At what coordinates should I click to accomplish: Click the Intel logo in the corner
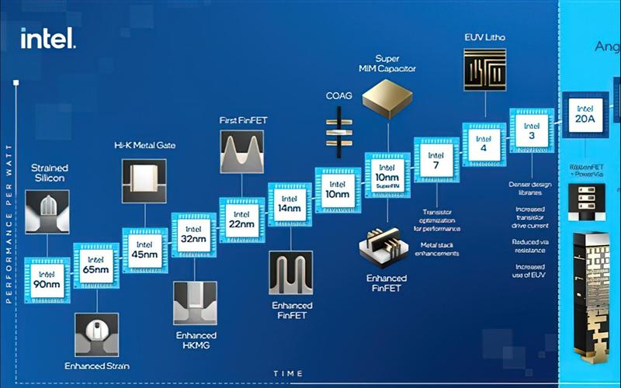pos(47,38)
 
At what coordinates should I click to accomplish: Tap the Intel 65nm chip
pos(96,265)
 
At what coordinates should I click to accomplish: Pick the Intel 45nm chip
pos(144,250)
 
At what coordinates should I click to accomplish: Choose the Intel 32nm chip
pos(193,235)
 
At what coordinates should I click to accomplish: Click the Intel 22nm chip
pos(241,220)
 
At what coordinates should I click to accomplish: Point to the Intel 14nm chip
pos(290,204)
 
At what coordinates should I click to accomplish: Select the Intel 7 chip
pos(436,159)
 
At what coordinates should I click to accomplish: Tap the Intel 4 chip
pos(484,144)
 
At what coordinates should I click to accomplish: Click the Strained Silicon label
pos(49,173)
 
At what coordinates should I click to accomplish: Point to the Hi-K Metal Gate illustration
pos(144,182)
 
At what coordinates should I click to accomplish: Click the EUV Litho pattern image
pos(485,74)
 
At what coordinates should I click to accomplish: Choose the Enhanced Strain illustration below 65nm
pos(96,335)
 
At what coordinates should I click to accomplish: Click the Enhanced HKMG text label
pos(193,339)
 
